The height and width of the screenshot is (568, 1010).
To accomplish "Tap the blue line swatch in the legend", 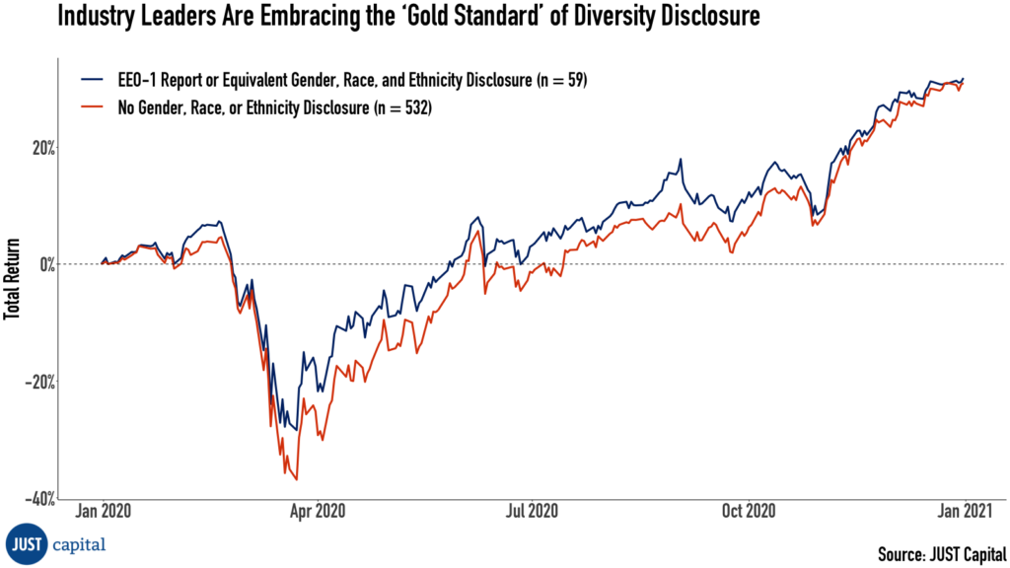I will [x=94, y=81].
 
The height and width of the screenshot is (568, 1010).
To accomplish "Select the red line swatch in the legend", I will [x=94, y=109].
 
